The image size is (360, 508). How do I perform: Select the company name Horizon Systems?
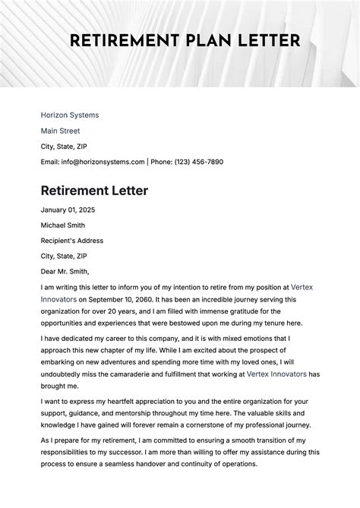[70, 115]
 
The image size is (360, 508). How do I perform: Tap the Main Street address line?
[61, 131]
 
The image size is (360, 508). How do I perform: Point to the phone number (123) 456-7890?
[198, 162]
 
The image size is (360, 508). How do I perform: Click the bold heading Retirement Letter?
[94, 191]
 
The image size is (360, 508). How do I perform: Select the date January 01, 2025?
[68, 210]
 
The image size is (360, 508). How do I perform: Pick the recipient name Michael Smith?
[63, 226]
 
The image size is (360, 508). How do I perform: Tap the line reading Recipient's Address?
[71, 241]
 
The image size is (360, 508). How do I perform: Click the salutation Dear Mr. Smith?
[65, 271]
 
